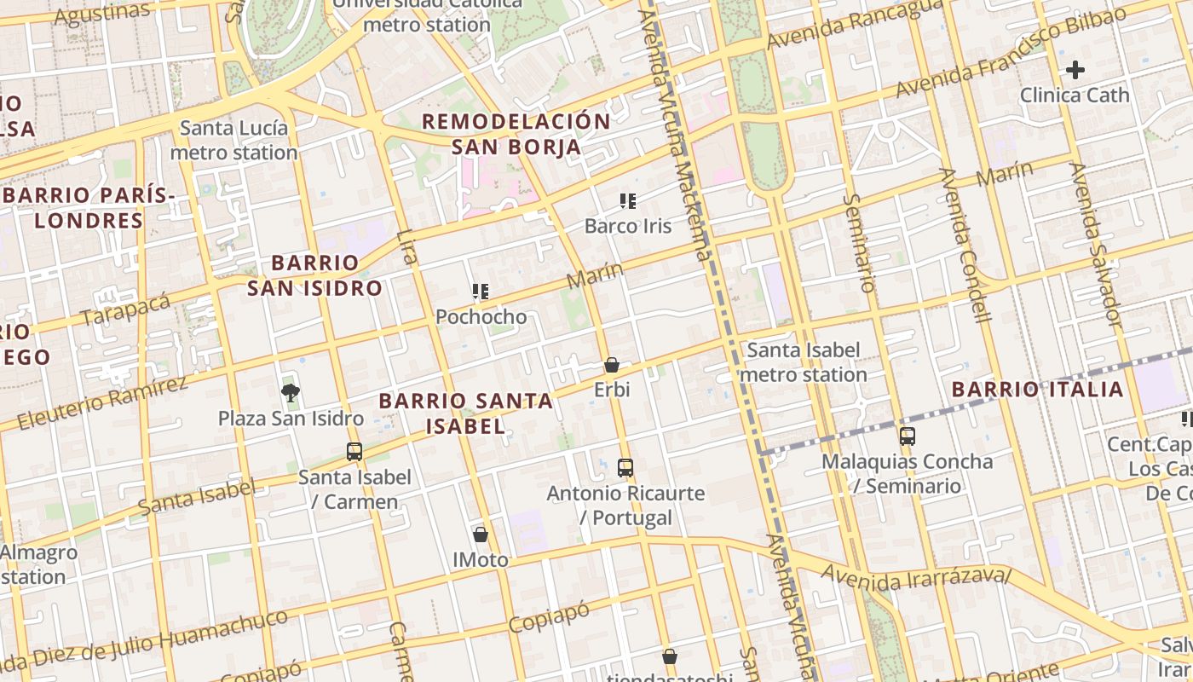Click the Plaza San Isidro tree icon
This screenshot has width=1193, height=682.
[291, 392]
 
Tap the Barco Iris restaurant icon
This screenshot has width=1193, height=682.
[628, 201]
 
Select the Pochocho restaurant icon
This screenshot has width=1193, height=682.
[481, 292]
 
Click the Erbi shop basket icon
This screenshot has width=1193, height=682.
[612, 365]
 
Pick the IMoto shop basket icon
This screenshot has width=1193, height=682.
[481, 535]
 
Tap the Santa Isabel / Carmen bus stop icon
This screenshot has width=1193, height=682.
[354, 452]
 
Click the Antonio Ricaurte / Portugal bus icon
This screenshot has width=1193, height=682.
[625, 467]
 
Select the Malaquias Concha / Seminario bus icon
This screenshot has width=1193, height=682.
[908, 436]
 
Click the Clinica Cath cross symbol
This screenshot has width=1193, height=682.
[1075, 70]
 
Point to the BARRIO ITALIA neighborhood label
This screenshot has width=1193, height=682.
[1037, 390]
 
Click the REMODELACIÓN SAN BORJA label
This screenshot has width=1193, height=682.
[516, 134]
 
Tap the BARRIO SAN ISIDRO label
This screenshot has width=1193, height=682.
[314, 275]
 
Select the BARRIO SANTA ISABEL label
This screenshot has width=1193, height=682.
[466, 413]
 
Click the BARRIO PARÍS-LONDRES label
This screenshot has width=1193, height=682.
[89, 208]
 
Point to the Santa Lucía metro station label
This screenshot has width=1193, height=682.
[234, 141]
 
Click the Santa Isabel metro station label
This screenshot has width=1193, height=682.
[804, 362]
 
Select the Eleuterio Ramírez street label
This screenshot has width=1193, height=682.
[102, 401]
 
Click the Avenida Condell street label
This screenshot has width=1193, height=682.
[965, 246]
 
